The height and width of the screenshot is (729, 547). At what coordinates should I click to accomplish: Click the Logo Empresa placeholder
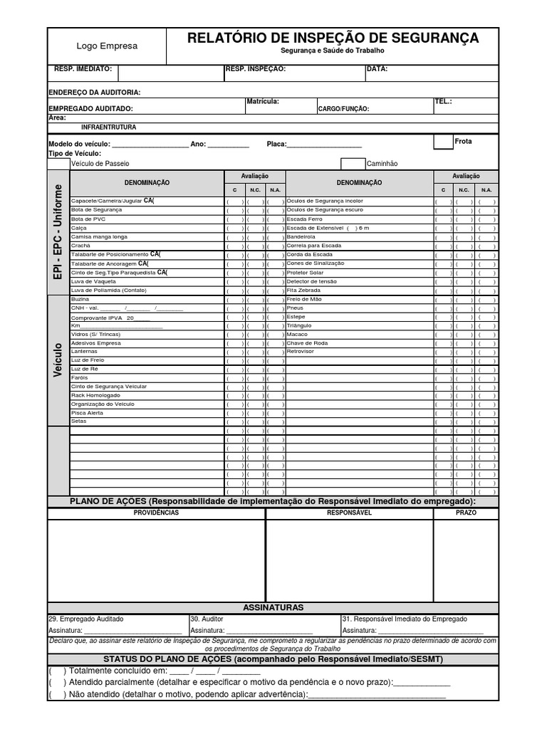pos(107,46)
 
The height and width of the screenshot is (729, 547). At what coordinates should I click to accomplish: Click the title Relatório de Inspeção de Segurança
pos(333,38)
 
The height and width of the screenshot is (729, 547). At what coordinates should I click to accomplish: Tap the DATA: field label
pos(377,69)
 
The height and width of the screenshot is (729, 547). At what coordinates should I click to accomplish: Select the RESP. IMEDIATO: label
pos(83,69)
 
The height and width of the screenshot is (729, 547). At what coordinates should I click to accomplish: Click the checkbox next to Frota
pos(443,142)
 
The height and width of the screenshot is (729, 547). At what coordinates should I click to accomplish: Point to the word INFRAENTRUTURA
pos(109,127)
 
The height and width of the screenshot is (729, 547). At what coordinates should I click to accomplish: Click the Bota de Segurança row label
pos(96,210)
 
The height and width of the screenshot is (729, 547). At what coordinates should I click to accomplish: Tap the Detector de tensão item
pos(311,281)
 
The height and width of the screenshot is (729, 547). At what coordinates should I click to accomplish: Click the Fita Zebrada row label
pos(304,290)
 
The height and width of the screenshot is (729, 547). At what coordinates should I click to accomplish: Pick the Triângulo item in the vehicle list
pos(300,325)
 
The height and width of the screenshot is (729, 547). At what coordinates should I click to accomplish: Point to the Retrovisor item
pos(300,352)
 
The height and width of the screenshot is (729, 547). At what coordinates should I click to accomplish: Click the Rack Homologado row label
pos(95,395)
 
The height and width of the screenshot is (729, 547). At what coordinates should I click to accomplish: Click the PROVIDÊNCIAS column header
pos(156,513)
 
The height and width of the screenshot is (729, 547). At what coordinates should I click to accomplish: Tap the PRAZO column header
pos(466,513)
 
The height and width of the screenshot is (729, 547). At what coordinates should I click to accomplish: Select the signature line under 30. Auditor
pos(269,631)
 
